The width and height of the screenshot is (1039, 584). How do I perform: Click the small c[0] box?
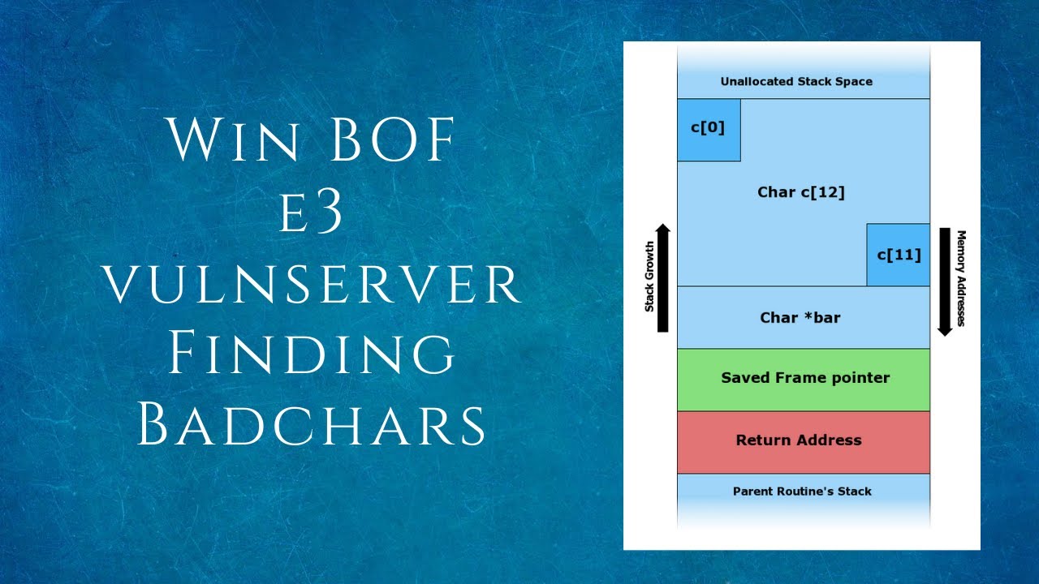coord(708,129)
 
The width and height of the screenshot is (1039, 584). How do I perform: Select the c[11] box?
coord(898,255)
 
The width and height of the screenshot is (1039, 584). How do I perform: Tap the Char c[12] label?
coord(800,192)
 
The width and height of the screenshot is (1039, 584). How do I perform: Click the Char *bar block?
coord(800,317)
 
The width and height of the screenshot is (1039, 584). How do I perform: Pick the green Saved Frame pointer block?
coord(804,379)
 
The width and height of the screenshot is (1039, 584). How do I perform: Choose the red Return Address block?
coord(804,441)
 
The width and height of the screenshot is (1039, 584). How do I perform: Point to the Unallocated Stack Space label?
coord(796,81)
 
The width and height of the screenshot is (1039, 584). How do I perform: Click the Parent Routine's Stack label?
coord(802,491)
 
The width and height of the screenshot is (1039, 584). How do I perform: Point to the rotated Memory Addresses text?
coord(960,278)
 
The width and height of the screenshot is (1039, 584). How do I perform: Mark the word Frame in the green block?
coord(807,378)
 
